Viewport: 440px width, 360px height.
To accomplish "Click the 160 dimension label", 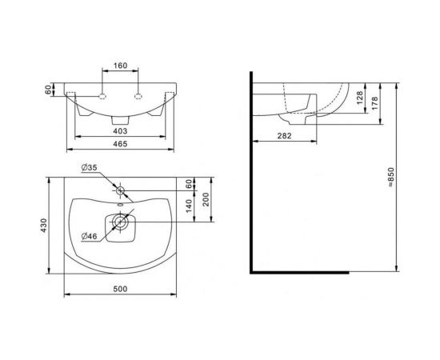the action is coord(120,66).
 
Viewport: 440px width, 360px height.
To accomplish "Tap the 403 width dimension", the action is coord(120,130).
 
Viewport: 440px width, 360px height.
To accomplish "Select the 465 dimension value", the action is coord(120,144).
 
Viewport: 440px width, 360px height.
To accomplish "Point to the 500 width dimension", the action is coord(120,289).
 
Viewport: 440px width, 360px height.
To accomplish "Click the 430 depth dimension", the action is coord(43,225).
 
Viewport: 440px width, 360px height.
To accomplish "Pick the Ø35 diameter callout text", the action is coord(89,167).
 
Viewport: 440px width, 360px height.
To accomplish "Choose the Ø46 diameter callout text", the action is coord(89,236).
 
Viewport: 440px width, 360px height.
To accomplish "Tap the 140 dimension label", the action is coord(189,206).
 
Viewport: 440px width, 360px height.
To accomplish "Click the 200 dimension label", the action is coord(206,199).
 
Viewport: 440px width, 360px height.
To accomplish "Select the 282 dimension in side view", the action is coord(284,136).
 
